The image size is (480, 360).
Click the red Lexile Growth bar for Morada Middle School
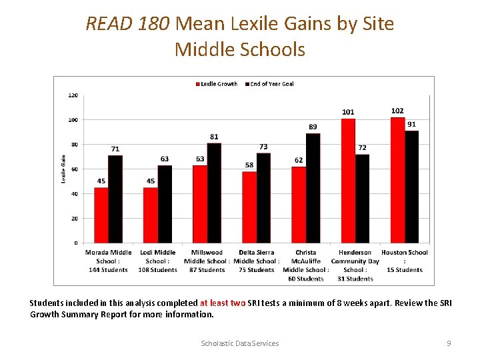pos(101,215)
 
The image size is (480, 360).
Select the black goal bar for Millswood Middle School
pos(214,193)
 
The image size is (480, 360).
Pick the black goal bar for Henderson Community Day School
pos(362,198)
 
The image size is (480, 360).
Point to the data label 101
pos(348,112)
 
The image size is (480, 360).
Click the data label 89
pos(313,127)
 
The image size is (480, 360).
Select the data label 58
pos(249,165)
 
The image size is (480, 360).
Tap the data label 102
pos(397,111)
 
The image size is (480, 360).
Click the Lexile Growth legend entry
pos(217,84)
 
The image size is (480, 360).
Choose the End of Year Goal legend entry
pos(269,84)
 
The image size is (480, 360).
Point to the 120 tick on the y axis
pos(73,95)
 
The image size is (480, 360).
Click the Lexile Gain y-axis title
pos(63,169)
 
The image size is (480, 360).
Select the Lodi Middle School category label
pos(158,261)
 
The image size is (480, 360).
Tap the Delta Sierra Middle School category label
pos(257,261)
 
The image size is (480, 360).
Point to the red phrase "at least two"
pos(223,303)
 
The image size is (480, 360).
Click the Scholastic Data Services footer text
pos(240,343)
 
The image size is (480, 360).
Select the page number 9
pos(449,343)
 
